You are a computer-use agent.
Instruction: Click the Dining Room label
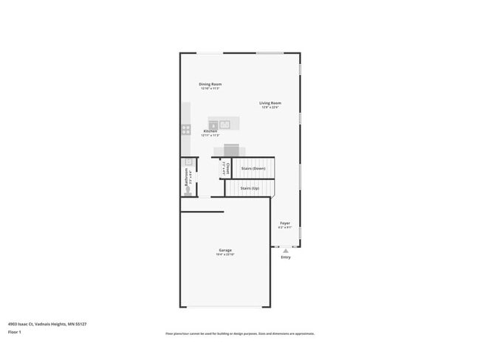210,84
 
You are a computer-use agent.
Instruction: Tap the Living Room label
270,103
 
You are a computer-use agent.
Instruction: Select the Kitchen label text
210,131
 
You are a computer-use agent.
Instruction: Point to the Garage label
225,250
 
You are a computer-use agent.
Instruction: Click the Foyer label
284,223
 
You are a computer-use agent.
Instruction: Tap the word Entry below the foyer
286,257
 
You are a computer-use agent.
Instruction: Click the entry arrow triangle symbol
286,251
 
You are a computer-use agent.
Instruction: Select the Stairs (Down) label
254,169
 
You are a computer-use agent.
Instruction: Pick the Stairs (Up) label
250,188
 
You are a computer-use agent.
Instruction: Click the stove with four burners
186,129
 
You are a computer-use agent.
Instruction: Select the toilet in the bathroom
188,190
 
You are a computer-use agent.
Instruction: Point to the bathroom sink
188,162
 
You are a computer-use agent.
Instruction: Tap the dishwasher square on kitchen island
213,126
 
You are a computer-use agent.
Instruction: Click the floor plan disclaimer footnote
240,333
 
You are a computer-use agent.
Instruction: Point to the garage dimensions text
224,255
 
